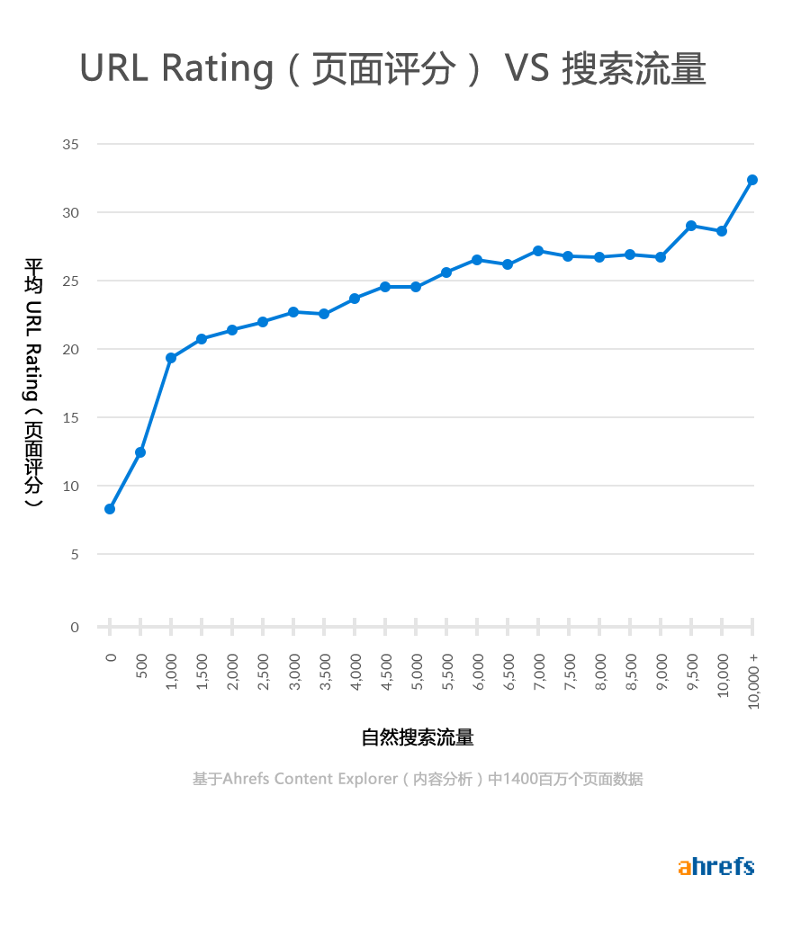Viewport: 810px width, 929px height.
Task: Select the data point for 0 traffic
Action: click(x=110, y=509)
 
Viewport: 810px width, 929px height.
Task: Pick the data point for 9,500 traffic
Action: click(x=691, y=226)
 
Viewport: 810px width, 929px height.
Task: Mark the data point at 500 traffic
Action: click(x=140, y=452)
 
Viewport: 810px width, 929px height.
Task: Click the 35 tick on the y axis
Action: click(x=71, y=144)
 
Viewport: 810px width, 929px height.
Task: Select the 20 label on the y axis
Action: click(x=71, y=349)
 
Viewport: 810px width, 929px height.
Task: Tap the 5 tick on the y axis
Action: click(x=75, y=554)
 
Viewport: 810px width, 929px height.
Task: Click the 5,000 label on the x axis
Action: click(x=416, y=670)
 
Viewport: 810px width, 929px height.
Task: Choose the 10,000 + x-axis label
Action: click(x=753, y=681)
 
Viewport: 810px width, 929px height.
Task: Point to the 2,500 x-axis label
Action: click(x=263, y=670)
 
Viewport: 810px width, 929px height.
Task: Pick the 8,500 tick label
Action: click(x=630, y=670)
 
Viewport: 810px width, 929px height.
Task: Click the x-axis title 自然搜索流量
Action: click(x=418, y=738)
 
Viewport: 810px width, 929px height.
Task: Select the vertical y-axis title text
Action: click(x=33, y=382)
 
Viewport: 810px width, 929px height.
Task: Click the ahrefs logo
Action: click(x=715, y=867)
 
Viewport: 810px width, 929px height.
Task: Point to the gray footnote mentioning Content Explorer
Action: click(x=418, y=779)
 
